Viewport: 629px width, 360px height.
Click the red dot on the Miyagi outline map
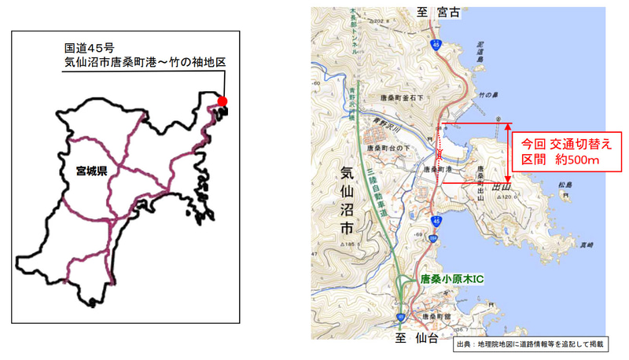[x=223, y=101]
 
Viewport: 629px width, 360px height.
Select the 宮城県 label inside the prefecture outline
[x=91, y=170]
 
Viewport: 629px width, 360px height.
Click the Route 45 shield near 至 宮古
[x=436, y=47]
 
